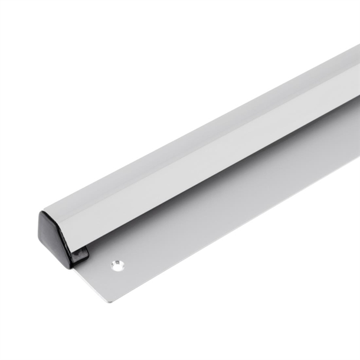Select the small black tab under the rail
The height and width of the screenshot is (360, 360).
coord(80,256)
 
